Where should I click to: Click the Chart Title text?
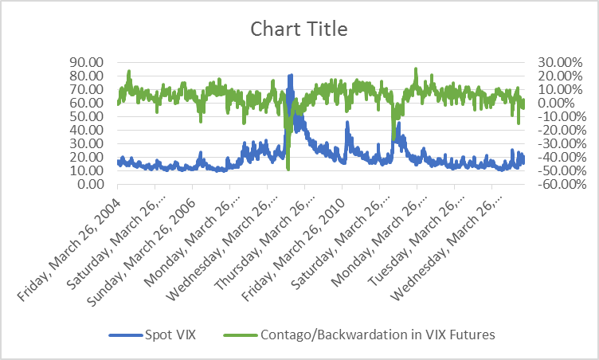(299, 29)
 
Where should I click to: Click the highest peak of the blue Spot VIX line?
(291, 76)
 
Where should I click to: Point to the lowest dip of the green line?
(288, 169)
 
